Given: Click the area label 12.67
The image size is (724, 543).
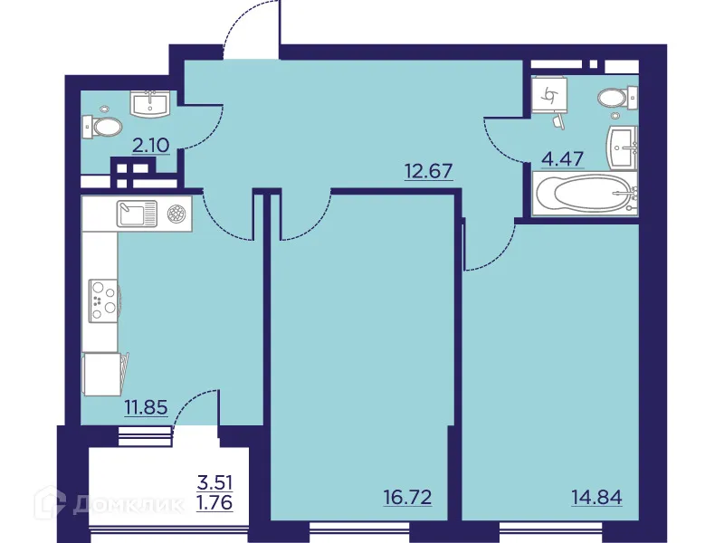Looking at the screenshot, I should click(x=428, y=169).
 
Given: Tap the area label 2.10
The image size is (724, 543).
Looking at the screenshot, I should click(x=151, y=143).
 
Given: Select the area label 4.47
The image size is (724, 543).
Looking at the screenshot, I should click(x=562, y=160).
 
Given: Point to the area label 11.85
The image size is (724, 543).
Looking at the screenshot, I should click(x=146, y=406).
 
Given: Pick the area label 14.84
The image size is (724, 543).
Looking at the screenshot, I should click(x=596, y=496).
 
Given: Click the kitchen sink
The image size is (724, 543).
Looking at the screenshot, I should click(x=137, y=214).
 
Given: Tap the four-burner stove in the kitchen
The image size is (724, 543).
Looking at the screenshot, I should click(x=102, y=300).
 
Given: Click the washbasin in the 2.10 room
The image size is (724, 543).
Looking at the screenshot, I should click(x=150, y=104).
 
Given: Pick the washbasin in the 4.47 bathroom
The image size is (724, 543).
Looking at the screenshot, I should click(x=625, y=148).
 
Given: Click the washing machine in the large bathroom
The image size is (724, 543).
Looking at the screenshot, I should click(x=550, y=93).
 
